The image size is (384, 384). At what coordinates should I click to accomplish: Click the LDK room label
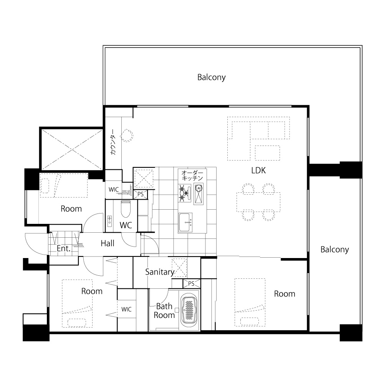tap(258, 170)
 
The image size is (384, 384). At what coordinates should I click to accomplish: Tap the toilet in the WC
tap(126, 209)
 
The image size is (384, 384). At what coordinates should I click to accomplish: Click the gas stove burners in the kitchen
tap(185, 193)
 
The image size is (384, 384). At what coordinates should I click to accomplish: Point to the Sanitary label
tap(160, 272)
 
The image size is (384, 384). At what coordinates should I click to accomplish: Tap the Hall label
tap(108, 243)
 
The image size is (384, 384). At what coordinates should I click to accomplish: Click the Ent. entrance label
tap(64, 248)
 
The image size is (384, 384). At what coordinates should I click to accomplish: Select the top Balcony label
tap(211, 78)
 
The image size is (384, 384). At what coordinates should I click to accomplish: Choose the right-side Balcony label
tap(334, 250)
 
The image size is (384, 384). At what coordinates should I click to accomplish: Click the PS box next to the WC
tap(141, 194)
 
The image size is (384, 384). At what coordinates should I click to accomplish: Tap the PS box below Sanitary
tap(192, 284)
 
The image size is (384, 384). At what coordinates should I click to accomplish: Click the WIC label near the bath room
tap(126, 309)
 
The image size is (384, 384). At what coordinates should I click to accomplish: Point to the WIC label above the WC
tap(114, 190)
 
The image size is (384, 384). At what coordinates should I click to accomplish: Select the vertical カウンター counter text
tap(113, 142)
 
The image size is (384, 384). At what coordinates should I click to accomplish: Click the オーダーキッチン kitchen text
tap(192, 175)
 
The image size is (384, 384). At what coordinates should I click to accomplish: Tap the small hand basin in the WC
tap(109, 221)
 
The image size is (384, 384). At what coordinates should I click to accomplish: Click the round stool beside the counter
tap(127, 136)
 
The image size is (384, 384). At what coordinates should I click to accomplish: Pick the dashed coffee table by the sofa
tap(267, 153)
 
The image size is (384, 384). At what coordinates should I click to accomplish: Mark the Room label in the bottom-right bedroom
tap(285, 294)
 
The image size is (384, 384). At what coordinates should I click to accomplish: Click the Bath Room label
tap(164, 311)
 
